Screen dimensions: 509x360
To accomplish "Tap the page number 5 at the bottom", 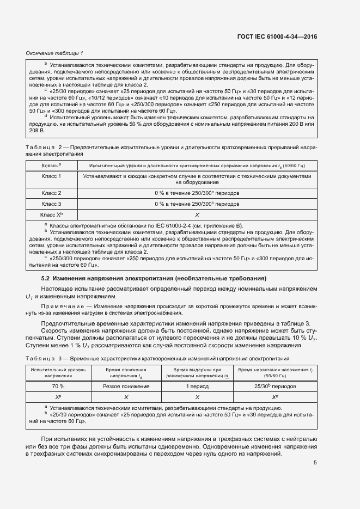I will click(315, 463).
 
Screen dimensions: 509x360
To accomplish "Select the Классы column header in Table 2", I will click(52, 165).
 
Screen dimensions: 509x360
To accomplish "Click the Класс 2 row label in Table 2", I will click(52, 193).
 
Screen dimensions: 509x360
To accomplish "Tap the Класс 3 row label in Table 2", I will click(52, 204).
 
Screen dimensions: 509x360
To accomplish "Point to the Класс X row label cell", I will click(52, 214).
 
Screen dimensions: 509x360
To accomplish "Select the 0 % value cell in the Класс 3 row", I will click(197, 204).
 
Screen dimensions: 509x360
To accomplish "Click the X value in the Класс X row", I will click(197, 215).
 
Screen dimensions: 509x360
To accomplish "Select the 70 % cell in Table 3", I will click(51, 386).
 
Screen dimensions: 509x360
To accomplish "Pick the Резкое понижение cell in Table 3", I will click(126, 386).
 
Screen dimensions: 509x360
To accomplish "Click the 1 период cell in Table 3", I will click(197, 386).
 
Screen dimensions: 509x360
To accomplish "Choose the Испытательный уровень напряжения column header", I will click(51, 372).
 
